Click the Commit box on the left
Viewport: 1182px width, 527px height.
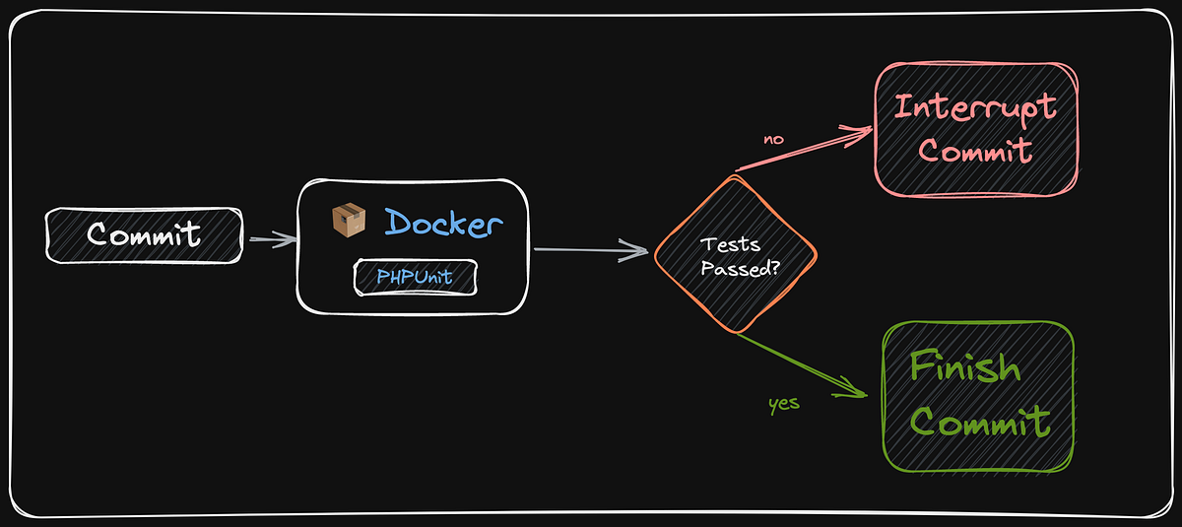pyautogui.click(x=144, y=234)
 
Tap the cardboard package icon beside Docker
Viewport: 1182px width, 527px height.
pyautogui.click(x=348, y=221)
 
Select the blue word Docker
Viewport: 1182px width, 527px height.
pyautogui.click(x=442, y=222)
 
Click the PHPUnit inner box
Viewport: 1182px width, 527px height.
pyautogui.click(x=415, y=278)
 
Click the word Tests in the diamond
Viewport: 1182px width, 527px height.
pyautogui.click(x=729, y=244)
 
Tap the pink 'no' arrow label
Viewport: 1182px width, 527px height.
pyautogui.click(x=773, y=139)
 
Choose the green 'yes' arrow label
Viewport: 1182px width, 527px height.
pyautogui.click(x=783, y=403)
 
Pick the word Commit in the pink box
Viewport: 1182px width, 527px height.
pyautogui.click(x=975, y=152)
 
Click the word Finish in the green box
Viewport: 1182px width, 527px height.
pyautogui.click(x=964, y=367)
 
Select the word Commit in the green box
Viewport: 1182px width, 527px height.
pyautogui.click(x=979, y=423)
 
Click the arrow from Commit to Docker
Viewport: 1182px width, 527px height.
pyautogui.click(x=271, y=238)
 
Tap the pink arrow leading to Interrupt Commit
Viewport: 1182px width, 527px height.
pyautogui.click(x=803, y=149)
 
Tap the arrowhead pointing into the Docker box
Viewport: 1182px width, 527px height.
pyautogui.click(x=287, y=238)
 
